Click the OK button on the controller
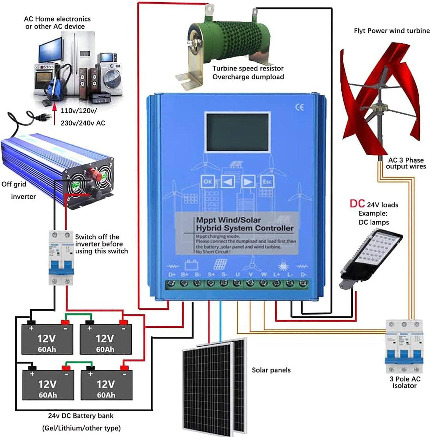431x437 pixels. (x=207, y=182)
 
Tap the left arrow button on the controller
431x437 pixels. (x=228, y=182)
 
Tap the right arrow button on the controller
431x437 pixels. (x=248, y=182)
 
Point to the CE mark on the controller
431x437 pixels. (x=299, y=107)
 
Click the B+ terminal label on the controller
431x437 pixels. (x=185, y=274)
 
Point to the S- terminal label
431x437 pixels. (x=224, y=274)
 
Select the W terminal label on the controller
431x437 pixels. (x=264, y=274)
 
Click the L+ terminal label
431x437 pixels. (x=277, y=274)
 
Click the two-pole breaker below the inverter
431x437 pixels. (x=61, y=258)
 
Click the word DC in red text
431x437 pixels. (x=357, y=204)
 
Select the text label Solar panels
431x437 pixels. (x=271, y=370)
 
